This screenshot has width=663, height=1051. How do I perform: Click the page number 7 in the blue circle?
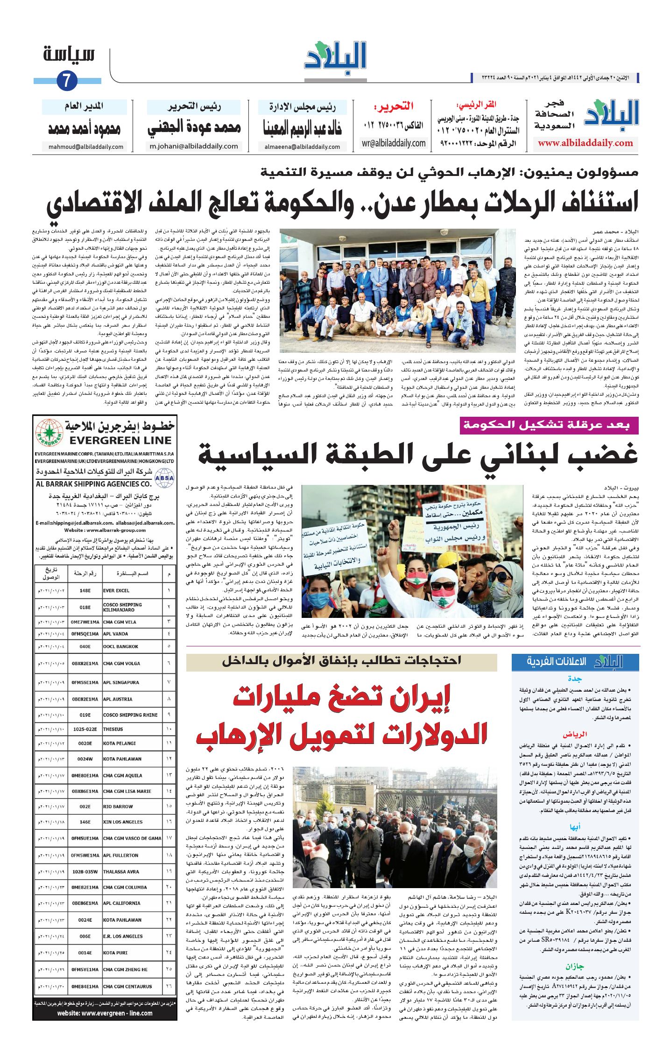point(66,81)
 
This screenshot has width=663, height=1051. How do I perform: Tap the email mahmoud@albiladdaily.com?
point(86,147)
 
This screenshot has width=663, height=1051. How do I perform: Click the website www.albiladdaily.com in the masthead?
point(585,143)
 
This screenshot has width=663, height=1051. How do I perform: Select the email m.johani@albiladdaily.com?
point(194,146)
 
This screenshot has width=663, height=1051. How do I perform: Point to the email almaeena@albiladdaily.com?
point(302,147)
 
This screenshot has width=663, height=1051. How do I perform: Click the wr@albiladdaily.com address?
point(394,143)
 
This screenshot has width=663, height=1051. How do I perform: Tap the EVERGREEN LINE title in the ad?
point(120,440)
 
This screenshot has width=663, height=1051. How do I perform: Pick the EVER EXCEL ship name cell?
point(116,590)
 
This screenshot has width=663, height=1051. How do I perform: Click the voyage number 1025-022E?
point(85,729)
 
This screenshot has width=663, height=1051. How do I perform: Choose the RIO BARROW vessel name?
point(118,806)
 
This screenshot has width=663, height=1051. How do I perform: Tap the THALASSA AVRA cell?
point(121,871)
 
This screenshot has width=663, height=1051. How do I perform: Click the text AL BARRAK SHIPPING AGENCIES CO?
point(94,484)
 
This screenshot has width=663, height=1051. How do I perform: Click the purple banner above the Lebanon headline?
point(549,425)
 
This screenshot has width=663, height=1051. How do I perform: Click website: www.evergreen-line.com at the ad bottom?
point(105,1013)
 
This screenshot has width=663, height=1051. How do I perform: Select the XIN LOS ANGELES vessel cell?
point(123,822)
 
